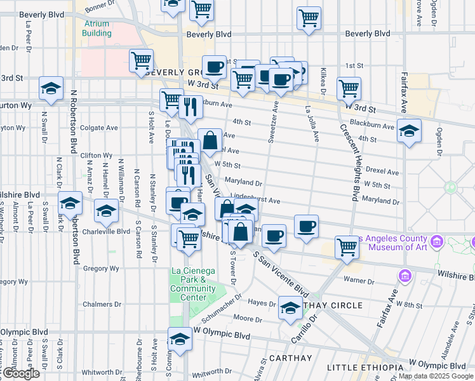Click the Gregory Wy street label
pyautogui.click(x=101, y=269)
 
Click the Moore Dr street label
pyautogui.click(x=243, y=317)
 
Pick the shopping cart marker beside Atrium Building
pyautogui.click(x=141, y=60)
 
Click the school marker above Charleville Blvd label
pyautogui.click(x=107, y=211)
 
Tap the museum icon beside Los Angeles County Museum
pyautogui.click(x=436, y=242)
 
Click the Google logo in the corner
pyautogui.click(x=20, y=373)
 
